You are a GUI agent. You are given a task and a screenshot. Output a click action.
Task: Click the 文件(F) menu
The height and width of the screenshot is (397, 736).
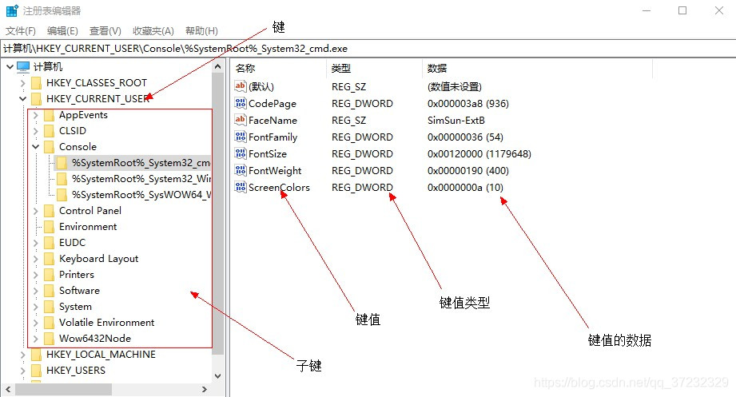point(21,31)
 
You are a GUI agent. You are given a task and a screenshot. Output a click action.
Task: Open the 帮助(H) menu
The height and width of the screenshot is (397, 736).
point(201,31)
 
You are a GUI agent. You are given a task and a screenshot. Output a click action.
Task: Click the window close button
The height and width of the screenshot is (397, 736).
point(718,10)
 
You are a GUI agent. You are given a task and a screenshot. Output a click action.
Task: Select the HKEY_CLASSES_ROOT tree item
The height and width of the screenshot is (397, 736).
point(96,83)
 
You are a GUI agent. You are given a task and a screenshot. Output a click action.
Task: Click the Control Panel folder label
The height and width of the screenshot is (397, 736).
point(90,211)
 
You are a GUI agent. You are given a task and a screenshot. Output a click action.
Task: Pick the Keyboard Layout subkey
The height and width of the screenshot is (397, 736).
point(98,259)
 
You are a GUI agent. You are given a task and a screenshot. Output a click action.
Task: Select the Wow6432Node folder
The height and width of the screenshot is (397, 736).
point(94,339)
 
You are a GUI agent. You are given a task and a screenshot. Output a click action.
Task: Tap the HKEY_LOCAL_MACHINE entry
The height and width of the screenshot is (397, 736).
point(101,355)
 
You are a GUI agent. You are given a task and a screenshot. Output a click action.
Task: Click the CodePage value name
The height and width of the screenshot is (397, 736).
point(272,104)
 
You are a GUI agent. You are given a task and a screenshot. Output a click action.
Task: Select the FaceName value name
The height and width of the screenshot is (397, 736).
point(273,121)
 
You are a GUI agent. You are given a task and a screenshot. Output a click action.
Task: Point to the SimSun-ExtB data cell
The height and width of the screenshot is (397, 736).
point(456,121)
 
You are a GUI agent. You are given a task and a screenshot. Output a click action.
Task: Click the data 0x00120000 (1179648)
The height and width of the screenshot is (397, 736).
point(479,154)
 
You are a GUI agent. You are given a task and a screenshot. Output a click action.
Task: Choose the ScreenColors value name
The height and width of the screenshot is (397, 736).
point(279,188)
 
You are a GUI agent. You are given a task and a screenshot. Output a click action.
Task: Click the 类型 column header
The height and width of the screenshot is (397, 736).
point(341,69)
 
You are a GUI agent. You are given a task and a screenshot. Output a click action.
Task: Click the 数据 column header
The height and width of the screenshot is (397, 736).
point(437,69)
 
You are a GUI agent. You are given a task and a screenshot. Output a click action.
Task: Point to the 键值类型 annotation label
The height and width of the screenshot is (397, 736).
point(464,303)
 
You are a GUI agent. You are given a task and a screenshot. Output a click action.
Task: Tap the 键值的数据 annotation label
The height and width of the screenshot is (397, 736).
point(619,340)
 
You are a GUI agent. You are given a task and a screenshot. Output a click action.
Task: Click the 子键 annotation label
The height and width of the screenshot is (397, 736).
point(308,366)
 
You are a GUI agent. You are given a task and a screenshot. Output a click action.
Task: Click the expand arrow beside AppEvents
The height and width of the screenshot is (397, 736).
point(35,115)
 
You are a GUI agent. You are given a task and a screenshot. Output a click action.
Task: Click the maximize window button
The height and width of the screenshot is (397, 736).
point(682,10)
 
